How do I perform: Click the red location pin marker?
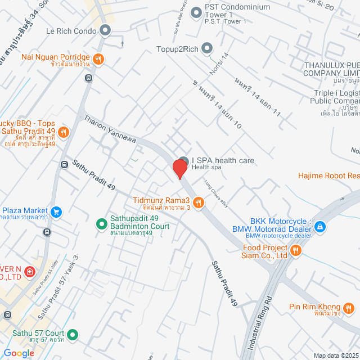[180, 169]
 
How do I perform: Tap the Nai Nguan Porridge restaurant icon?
[98, 58]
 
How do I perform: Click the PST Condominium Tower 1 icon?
[196, 12]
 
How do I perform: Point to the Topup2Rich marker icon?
[207, 48]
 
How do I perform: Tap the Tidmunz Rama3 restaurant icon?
[198, 202]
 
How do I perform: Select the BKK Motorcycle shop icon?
[319, 227]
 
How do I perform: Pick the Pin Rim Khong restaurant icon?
[349, 307]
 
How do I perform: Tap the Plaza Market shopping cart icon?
[56, 212]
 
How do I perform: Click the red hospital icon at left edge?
[29, 272]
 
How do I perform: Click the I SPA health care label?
[223, 161]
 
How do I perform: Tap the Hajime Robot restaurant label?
[329, 176]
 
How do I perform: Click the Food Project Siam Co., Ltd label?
[265, 251]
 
